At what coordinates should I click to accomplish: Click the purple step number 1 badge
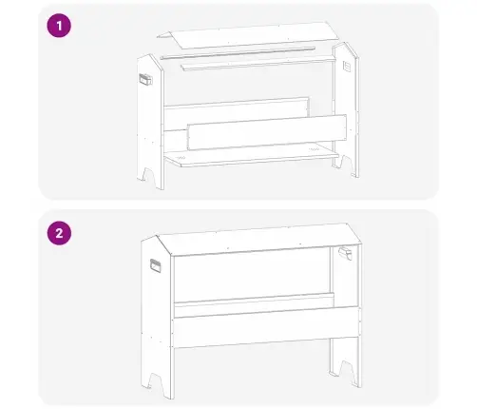tap(59, 26)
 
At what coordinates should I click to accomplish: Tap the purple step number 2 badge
tap(59, 233)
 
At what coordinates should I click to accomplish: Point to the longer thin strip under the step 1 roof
tap(238, 53)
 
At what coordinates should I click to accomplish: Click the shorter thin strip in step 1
tap(258, 63)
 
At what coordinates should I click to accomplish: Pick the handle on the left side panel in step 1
tap(145, 79)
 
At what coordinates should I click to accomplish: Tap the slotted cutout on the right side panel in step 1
tap(346, 67)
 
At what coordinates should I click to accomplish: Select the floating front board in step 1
tap(267, 132)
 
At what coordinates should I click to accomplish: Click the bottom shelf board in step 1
tap(252, 155)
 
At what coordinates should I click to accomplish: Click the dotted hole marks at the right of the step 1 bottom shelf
tap(314, 149)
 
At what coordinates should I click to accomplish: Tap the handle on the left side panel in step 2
tap(155, 265)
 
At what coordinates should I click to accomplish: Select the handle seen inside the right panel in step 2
tap(345, 253)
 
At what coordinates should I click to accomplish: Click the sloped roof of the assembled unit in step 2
tap(259, 239)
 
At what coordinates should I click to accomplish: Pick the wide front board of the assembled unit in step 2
tap(266, 326)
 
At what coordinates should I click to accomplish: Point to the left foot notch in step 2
tap(156, 381)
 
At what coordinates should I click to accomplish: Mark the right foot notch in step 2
tap(347, 370)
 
